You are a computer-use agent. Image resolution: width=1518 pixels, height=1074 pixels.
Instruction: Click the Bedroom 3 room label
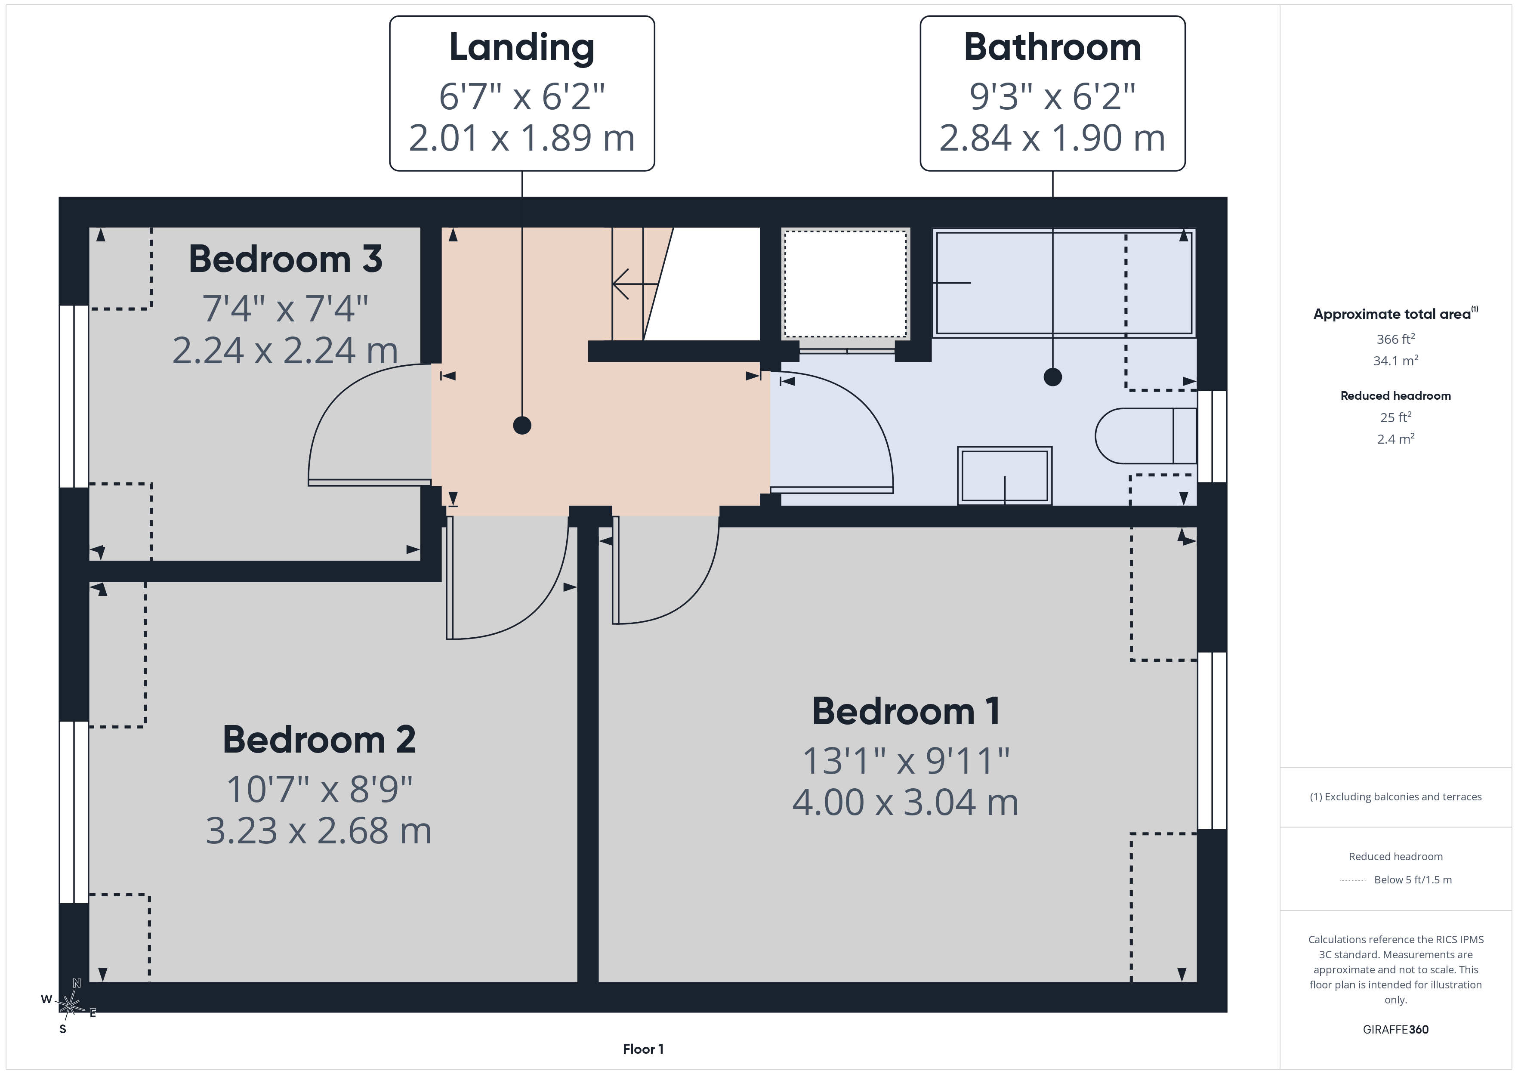tap(286, 259)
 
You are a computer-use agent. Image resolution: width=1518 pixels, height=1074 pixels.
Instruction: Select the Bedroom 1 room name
tap(906, 712)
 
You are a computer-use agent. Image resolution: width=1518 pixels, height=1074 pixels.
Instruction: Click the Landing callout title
tap(521, 48)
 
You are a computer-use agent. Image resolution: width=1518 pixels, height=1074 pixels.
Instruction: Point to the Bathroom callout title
tap(1052, 48)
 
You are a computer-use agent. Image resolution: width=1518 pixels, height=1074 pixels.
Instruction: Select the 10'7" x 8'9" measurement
tap(319, 789)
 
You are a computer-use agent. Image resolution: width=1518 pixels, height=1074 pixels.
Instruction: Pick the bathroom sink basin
tap(1004, 475)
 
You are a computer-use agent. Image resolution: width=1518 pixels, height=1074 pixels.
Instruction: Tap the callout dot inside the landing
tap(522, 425)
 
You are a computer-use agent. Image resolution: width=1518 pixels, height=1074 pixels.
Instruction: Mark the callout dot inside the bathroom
tap(1052, 377)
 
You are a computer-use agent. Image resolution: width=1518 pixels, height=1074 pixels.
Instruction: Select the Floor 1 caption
tap(643, 1049)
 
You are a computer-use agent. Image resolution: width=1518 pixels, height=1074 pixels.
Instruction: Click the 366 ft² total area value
tap(1396, 339)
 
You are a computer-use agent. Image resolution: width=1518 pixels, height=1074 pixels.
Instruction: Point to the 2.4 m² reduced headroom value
tap(1396, 439)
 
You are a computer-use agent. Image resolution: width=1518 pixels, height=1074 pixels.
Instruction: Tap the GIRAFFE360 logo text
tap(1396, 1030)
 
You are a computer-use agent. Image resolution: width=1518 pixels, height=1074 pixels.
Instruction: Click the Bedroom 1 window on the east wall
tap(1212, 741)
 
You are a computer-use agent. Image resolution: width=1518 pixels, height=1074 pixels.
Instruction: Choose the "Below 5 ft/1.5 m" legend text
tap(1413, 880)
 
